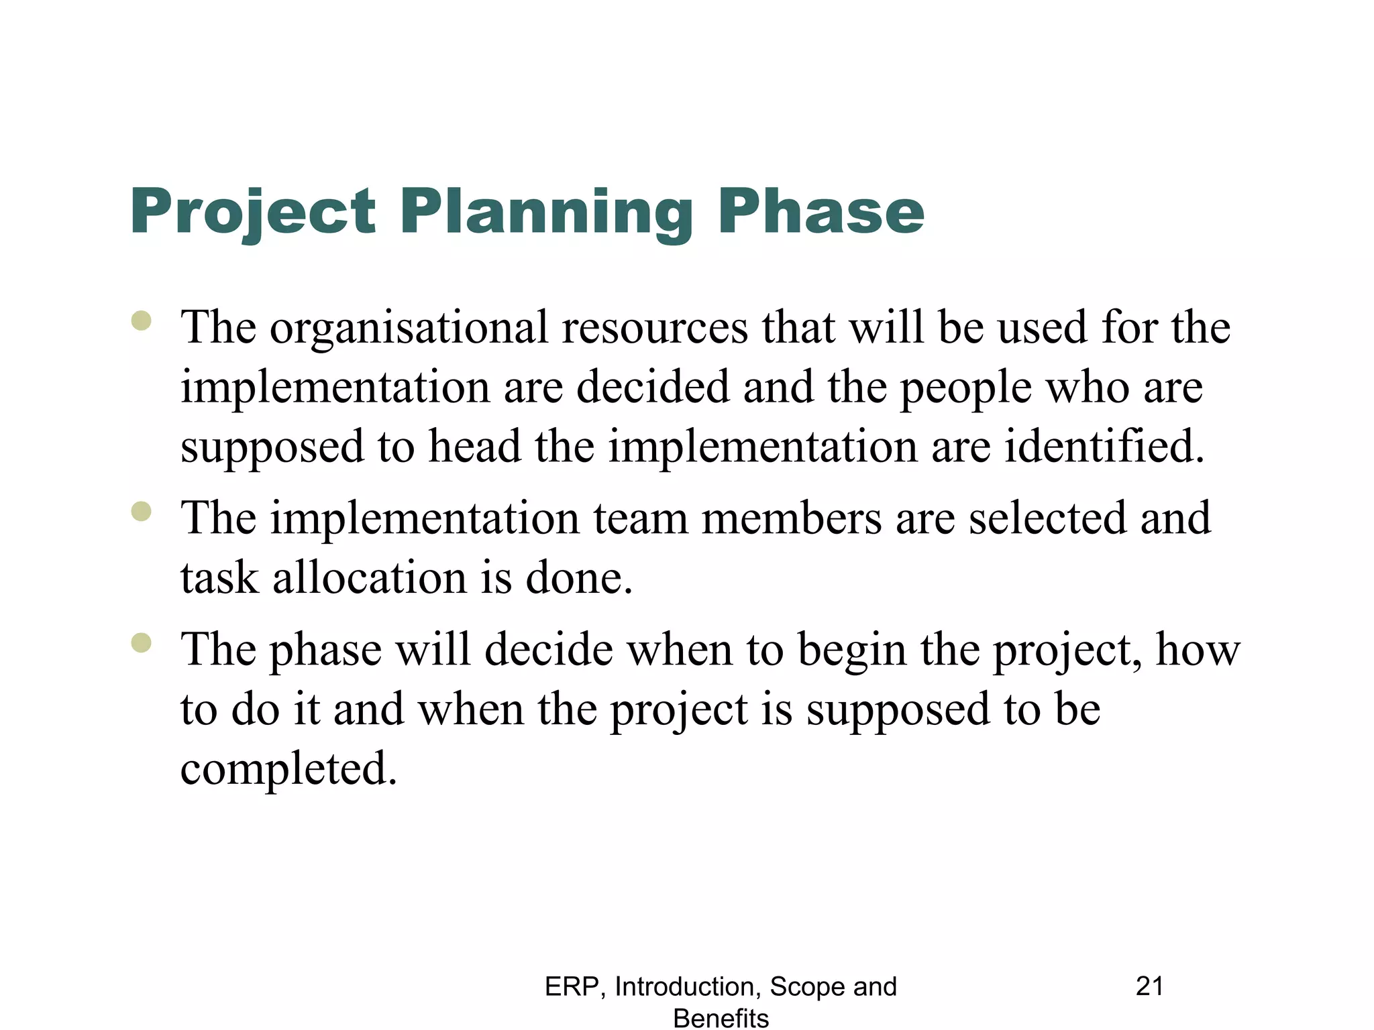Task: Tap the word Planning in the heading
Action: tap(547, 213)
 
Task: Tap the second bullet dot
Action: tap(142, 512)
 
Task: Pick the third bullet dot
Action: tap(142, 642)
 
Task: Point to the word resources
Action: tap(655, 329)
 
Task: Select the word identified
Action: tap(1104, 447)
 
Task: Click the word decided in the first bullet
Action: tap(653, 388)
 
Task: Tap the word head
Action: tap(474, 447)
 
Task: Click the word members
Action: tap(792, 518)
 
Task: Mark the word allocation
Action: tap(369, 578)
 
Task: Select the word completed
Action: tap(288, 768)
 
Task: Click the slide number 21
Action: tap(1149, 986)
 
